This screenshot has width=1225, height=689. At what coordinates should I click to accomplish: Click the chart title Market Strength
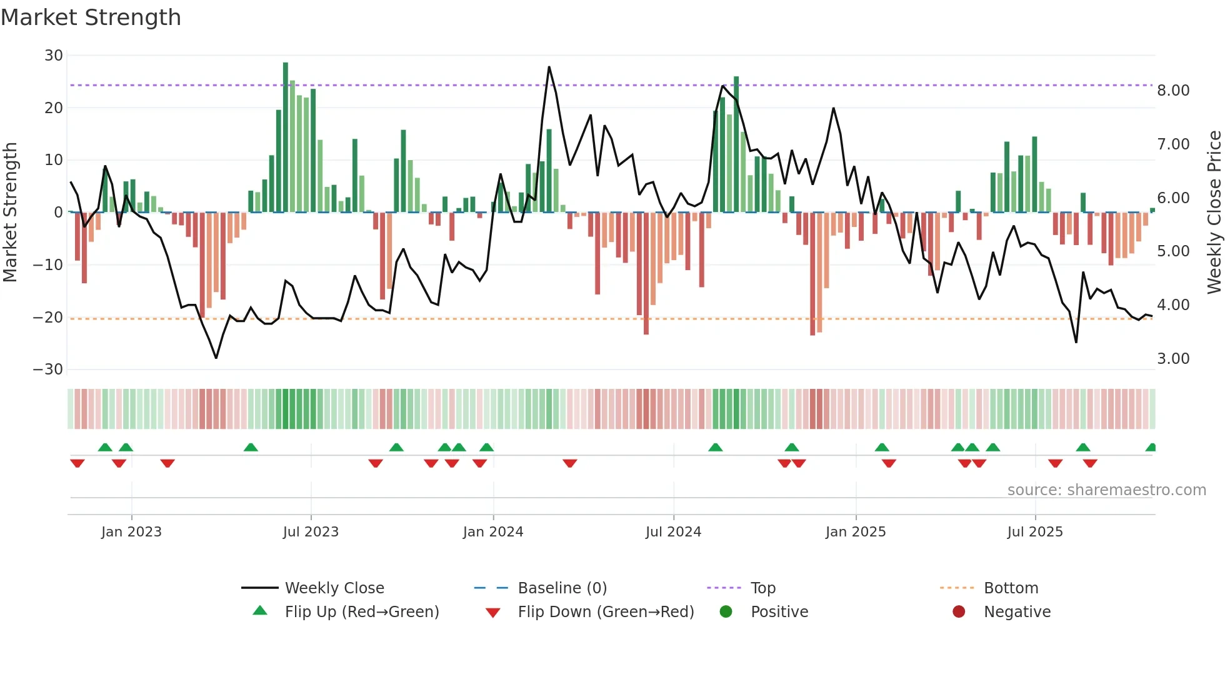91,18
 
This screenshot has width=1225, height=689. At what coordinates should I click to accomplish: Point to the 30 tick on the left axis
54,56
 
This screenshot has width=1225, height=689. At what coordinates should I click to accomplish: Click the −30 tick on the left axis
48,370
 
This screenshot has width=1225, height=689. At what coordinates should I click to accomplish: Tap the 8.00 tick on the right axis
1173,91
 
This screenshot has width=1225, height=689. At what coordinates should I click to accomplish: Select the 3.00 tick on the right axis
1173,359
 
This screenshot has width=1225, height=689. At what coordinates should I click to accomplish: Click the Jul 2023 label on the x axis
311,532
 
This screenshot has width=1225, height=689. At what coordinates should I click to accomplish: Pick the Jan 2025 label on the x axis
855,532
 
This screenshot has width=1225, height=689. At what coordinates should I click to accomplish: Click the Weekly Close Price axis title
1214,213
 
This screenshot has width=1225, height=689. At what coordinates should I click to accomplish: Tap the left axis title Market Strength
10,213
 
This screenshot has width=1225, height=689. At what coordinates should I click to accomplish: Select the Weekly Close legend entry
334,588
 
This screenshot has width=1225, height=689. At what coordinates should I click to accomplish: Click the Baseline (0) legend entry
562,588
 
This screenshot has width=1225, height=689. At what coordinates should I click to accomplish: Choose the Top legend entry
762,588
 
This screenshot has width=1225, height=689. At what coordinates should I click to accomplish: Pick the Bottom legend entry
1011,588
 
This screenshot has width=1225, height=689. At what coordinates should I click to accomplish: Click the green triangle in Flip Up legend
260,611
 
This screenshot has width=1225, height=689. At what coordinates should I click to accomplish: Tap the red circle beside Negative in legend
959,611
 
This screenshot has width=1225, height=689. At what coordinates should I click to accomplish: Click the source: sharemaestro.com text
1106,490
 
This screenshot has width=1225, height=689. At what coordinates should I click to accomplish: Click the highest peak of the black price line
549,67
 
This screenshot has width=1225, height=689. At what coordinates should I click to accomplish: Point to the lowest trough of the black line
216,358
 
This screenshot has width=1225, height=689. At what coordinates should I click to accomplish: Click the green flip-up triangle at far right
1151,448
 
